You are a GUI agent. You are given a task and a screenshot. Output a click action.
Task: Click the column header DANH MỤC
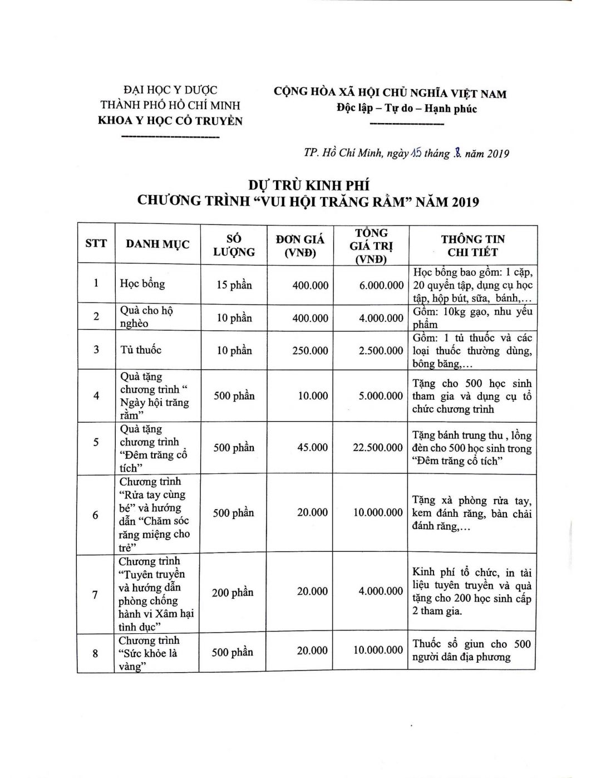[157, 244]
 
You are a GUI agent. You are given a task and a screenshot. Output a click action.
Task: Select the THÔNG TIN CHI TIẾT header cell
[472, 246]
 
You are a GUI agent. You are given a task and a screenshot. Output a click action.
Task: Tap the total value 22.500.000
[378, 448]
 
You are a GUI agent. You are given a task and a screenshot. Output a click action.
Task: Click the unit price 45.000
[312, 448]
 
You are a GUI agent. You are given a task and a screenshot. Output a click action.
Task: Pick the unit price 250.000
[310, 351]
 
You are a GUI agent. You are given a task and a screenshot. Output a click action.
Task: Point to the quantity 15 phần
[234, 285]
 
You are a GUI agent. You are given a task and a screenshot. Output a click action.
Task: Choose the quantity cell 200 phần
[233, 593]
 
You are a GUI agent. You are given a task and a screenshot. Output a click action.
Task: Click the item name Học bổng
[142, 283]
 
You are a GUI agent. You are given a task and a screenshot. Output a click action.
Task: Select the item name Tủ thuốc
[141, 350]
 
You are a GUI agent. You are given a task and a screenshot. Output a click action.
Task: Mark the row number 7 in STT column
[95, 595]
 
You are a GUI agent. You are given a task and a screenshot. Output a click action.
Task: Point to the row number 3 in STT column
[96, 350]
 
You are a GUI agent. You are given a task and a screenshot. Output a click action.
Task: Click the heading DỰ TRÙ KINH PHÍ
[308, 185]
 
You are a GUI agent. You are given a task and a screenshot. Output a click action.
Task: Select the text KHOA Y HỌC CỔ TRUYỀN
[170, 121]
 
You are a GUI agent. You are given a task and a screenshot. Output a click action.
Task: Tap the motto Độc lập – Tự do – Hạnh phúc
[406, 109]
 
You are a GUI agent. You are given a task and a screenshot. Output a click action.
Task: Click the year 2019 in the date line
[498, 154]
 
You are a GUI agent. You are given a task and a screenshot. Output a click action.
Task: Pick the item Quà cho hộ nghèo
[146, 317]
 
